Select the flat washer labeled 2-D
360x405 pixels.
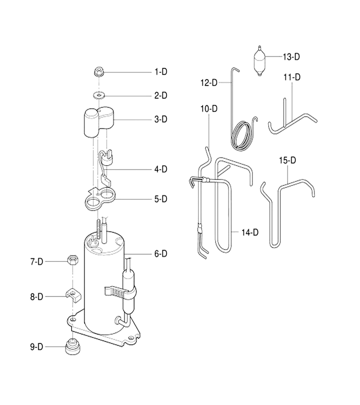tap(99, 96)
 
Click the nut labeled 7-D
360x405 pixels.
tap(72, 261)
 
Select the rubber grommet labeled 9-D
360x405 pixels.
tap(72, 346)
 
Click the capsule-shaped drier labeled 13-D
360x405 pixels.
tap(260, 61)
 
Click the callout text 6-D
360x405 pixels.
tap(161, 254)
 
